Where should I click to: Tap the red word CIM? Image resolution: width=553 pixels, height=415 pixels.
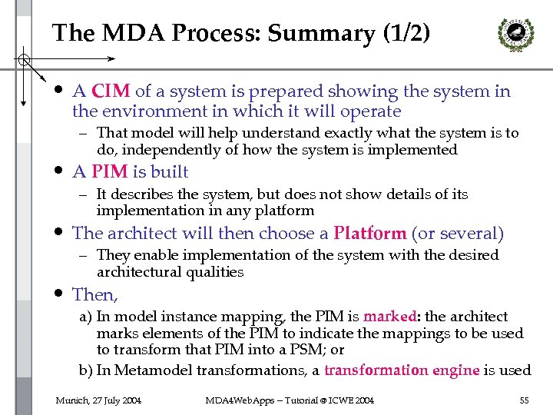[x=111, y=91]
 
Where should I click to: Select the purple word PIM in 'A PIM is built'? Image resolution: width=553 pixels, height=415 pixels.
[x=108, y=171]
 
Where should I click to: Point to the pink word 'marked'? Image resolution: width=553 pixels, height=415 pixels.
[x=389, y=316]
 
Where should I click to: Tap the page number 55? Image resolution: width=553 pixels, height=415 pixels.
[x=524, y=400]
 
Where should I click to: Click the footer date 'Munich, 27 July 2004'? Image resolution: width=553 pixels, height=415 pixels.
[x=98, y=400]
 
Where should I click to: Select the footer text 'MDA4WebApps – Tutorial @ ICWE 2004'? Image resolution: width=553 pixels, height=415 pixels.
[x=290, y=400]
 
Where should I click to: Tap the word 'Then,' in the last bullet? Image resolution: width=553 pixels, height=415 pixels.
[x=95, y=294]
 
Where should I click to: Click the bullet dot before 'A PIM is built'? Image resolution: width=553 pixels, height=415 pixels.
[x=58, y=170]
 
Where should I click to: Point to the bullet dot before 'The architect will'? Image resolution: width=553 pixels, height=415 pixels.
[x=58, y=231]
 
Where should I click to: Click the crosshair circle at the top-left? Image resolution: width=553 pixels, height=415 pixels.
[x=25, y=58]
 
